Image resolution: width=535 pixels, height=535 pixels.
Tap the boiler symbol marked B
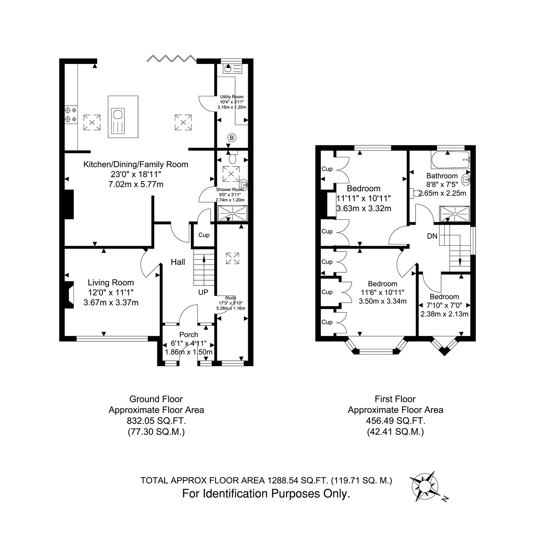click(232, 138)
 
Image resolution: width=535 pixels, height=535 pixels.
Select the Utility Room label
click(232, 97)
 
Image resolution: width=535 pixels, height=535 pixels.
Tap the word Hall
click(178, 262)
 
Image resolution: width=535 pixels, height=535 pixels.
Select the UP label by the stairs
click(203, 292)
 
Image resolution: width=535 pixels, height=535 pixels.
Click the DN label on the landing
click(432, 236)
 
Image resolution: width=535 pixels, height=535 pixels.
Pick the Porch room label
click(189, 334)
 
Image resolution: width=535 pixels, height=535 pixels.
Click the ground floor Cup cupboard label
click(204, 235)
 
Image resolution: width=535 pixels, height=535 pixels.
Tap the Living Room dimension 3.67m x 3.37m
click(111, 303)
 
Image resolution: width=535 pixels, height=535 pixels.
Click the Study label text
click(231, 298)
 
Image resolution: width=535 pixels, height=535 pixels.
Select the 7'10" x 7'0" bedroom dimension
click(444, 305)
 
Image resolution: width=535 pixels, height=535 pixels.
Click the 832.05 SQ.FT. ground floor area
click(156, 421)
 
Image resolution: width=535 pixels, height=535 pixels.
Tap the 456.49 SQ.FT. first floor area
click(396, 421)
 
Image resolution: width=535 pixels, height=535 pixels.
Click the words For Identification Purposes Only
click(266, 494)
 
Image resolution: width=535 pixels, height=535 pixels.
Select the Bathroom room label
click(442, 176)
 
